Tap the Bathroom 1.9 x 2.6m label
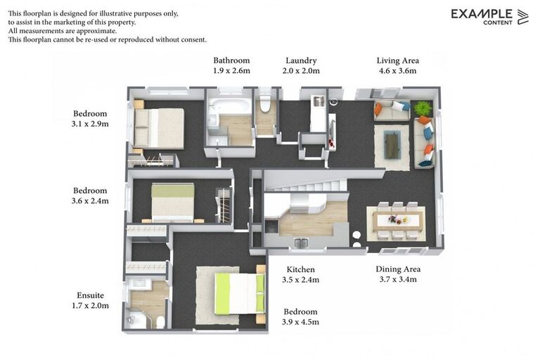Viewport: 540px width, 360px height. pos(231,65)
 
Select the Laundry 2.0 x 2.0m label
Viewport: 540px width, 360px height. pos(301,65)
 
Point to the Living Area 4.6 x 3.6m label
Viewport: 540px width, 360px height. pos(397,65)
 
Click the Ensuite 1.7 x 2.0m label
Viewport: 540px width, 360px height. pos(91,300)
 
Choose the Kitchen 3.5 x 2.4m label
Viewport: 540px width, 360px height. pos(300,274)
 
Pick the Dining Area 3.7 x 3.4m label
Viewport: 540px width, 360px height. pos(398,274)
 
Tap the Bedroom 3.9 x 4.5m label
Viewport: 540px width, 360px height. pos(300,316)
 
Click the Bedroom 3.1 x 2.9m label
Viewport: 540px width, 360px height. pos(90,119)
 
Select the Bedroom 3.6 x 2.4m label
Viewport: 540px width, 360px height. pos(90,195)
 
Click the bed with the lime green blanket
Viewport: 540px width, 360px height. pos(239,292)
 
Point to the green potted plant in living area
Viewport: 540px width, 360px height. pos(422,109)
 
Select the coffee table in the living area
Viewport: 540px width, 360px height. pos(392,146)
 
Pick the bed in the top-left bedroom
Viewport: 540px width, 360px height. pos(160,127)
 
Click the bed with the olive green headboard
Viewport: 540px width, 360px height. pos(173,202)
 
